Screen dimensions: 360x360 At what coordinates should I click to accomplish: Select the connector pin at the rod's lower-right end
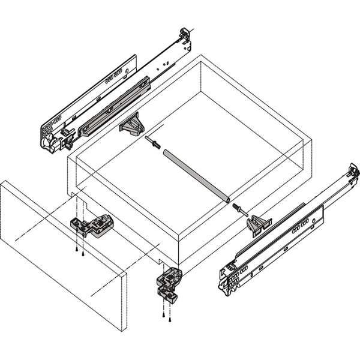(x=238, y=209)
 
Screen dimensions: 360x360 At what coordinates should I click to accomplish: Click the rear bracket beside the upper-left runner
(x=132, y=125)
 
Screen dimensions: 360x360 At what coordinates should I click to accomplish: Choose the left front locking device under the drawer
(x=92, y=226)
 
